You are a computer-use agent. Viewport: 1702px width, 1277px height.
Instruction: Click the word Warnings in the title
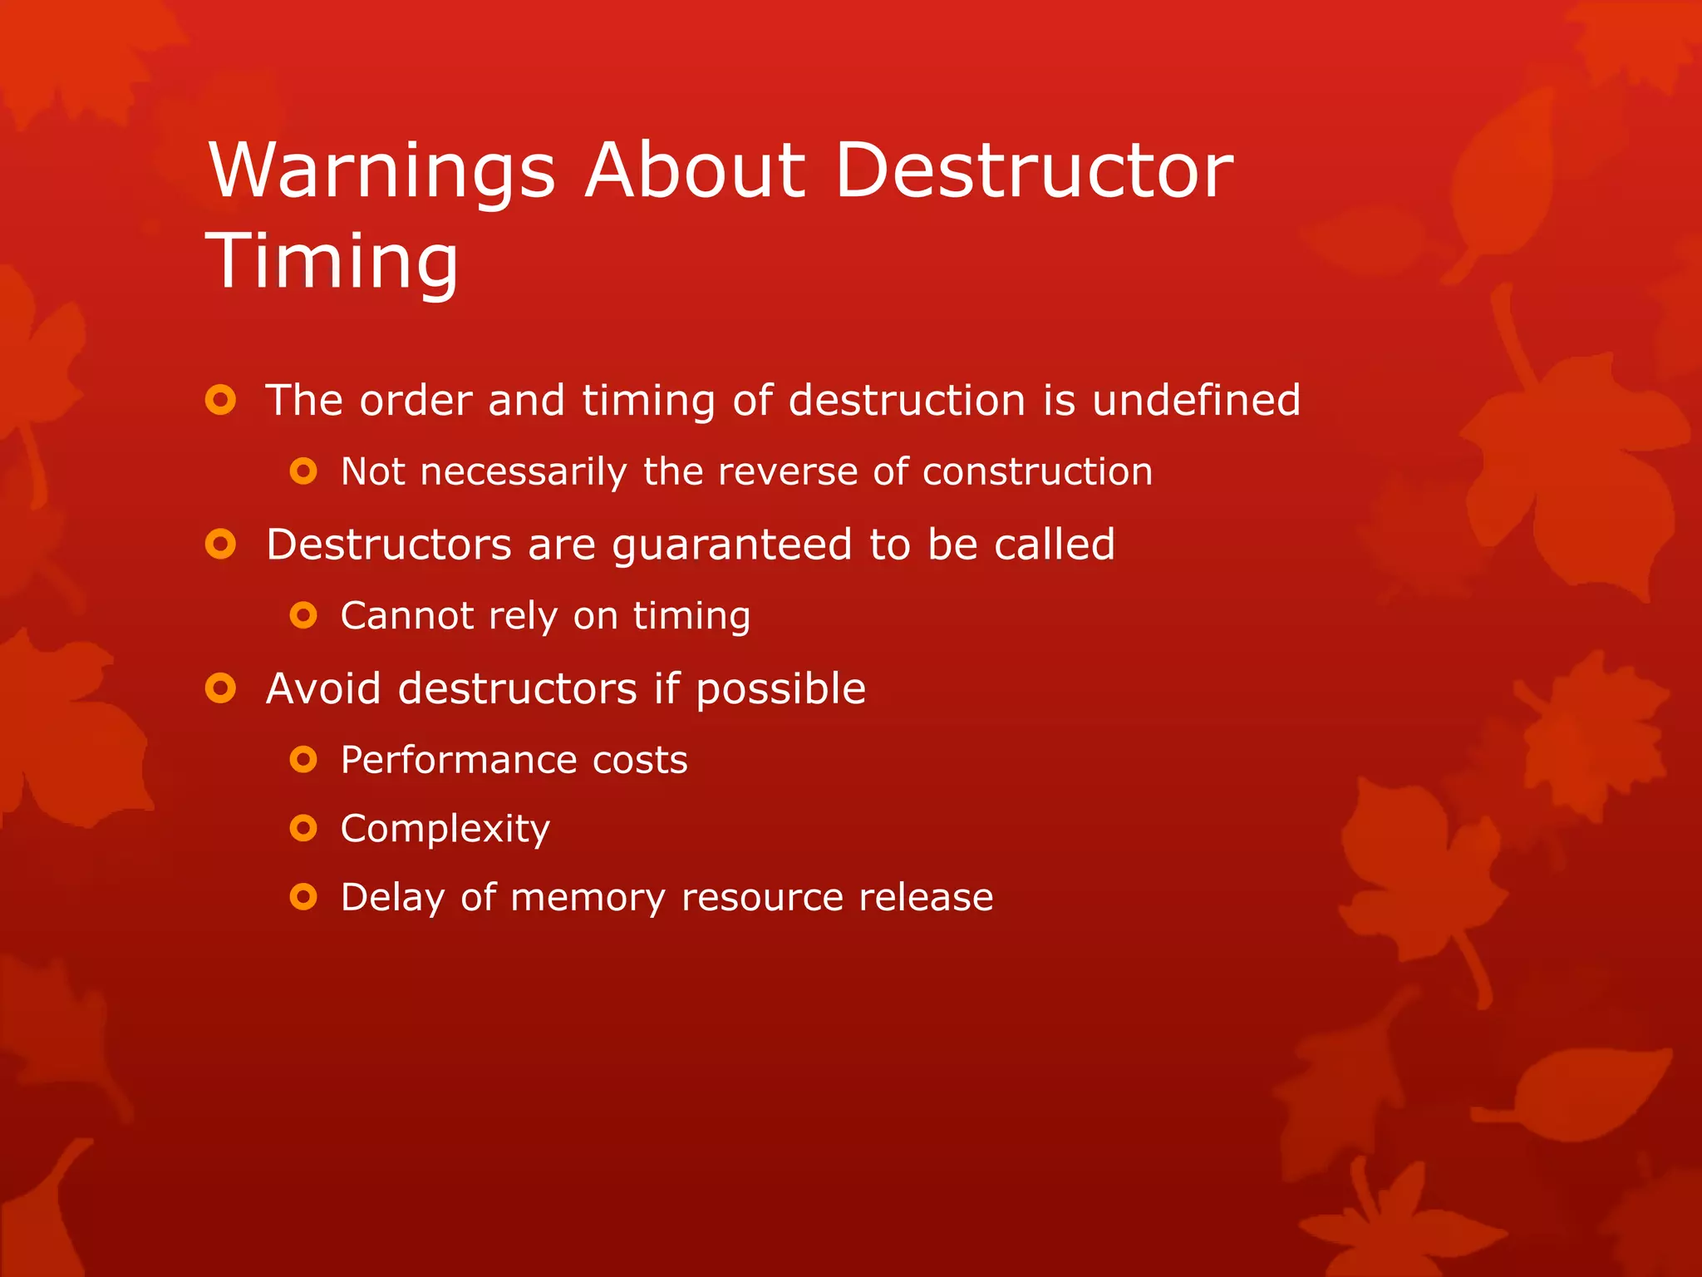(x=381, y=171)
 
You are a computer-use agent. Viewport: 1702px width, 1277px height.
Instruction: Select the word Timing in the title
(x=332, y=261)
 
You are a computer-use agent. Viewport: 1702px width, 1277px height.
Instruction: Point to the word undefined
(x=1196, y=400)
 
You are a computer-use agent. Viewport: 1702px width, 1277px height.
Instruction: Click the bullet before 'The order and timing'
(x=220, y=400)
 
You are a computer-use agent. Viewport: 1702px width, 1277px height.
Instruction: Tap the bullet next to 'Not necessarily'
(x=303, y=471)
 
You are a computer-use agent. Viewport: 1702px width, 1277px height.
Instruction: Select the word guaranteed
(x=731, y=545)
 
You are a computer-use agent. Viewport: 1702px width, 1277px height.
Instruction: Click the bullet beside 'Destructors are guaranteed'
(x=220, y=545)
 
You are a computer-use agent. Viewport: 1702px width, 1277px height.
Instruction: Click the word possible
(x=780, y=690)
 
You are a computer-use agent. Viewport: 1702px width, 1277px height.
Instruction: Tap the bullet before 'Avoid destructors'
(x=220, y=688)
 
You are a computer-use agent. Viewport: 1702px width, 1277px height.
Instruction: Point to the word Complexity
(x=445, y=829)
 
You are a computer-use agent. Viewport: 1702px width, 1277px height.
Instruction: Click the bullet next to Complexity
(x=303, y=828)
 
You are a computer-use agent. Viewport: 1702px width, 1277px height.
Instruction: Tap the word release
(x=926, y=897)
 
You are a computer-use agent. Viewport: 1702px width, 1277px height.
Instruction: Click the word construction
(x=1037, y=471)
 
